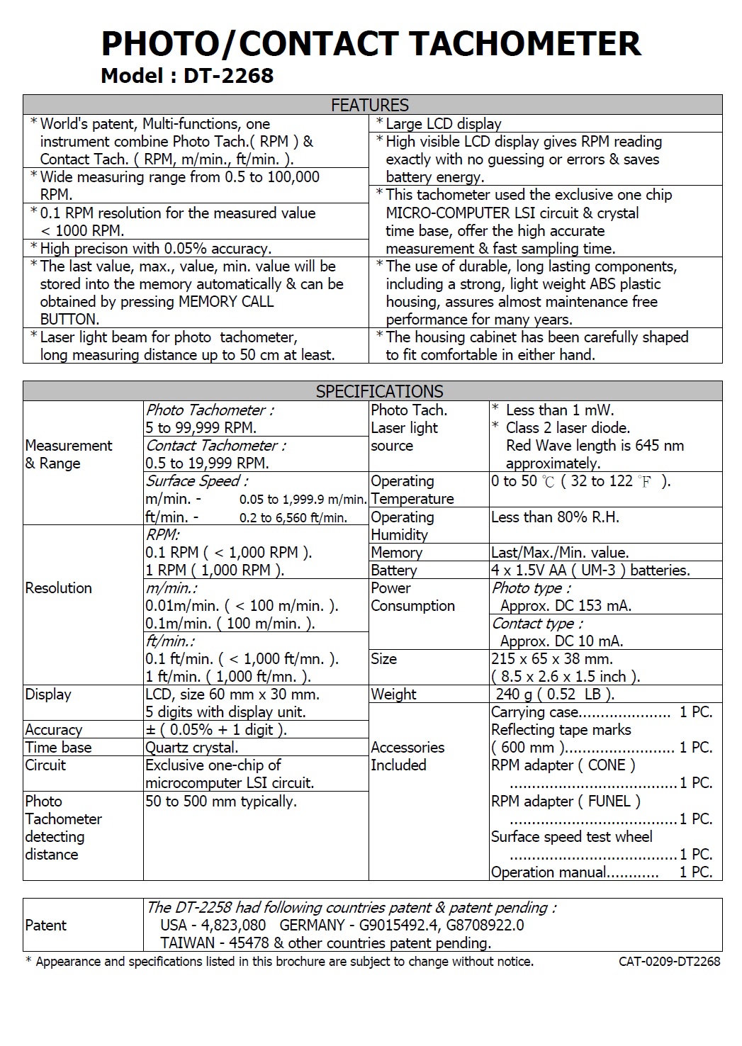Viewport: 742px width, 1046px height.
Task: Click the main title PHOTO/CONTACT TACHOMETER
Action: tap(371, 44)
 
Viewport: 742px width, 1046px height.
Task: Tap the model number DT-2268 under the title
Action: tap(228, 76)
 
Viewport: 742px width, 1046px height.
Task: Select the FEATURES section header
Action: tap(370, 105)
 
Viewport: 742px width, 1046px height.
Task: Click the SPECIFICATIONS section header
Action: tap(379, 391)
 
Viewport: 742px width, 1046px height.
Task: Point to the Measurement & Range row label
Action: tap(69, 454)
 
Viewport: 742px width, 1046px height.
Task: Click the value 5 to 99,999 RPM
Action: tap(201, 427)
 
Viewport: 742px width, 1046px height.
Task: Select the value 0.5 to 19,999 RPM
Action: tap(207, 463)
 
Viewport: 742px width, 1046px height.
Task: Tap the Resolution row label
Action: tap(58, 587)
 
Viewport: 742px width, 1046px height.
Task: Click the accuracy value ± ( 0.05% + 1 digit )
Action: tap(216, 729)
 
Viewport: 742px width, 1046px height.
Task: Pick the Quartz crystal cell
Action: tap(192, 747)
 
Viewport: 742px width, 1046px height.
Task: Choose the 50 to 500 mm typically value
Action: tap(220, 801)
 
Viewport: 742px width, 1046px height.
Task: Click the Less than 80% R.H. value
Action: tap(555, 517)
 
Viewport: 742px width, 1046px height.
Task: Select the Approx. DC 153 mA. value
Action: tap(566, 605)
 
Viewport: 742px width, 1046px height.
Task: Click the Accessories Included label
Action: tap(407, 756)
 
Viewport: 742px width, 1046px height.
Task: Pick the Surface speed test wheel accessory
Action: tap(572, 836)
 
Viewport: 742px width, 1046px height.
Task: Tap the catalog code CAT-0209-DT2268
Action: tap(669, 962)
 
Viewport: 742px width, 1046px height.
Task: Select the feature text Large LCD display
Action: tap(444, 124)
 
